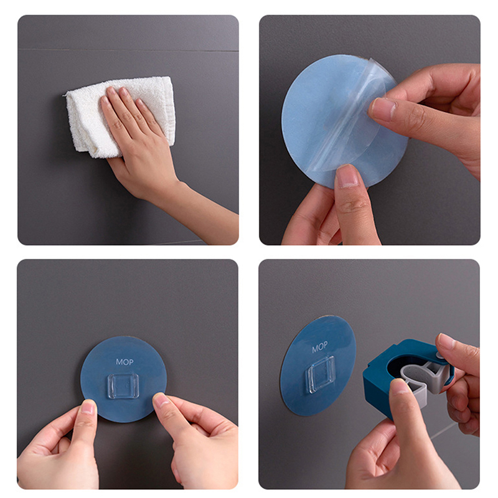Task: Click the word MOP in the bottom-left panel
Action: [x=125, y=362]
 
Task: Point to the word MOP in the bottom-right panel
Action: [x=319, y=347]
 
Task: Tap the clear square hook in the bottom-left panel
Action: [x=123, y=386]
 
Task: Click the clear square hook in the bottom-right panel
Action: [x=319, y=374]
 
